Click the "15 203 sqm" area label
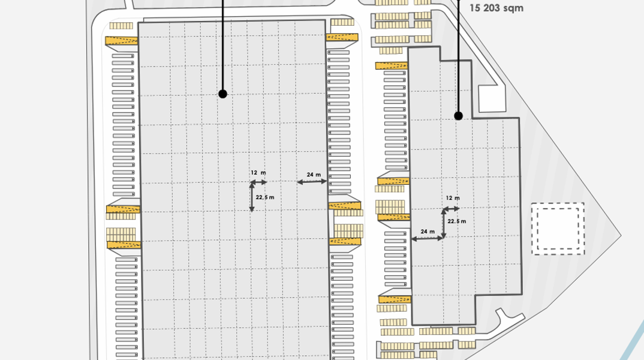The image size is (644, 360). [x=496, y=8]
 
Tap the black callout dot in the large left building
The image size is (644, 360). [x=222, y=94]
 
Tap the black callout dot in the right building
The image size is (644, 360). [x=458, y=116]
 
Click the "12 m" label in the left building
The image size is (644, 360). [x=258, y=173]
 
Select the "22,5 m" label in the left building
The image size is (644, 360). [x=265, y=197]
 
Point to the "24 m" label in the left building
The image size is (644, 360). [x=314, y=175]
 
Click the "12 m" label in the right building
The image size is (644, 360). [x=453, y=198]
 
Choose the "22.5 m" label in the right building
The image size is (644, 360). [x=457, y=221]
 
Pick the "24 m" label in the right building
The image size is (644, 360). [x=428, y=232]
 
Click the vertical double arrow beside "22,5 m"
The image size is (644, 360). [x=252, y=197]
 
